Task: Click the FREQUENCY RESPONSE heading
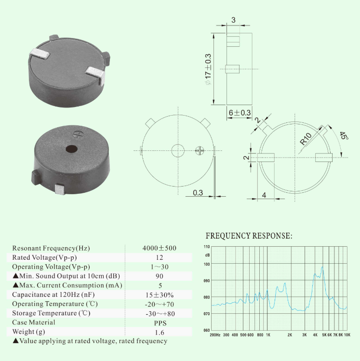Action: pos(249,236)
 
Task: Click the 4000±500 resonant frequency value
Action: pos(160,248)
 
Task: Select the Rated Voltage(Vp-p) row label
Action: pos(44,257)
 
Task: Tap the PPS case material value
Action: pos(160,323)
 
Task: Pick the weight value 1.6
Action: pos(160,332)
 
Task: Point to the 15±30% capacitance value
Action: pos(160,295)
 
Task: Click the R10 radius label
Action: pos(306,139)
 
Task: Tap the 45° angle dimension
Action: pos(344,135)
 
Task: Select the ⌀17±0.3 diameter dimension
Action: pos(208,69)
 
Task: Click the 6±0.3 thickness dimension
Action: pos(240,113)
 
